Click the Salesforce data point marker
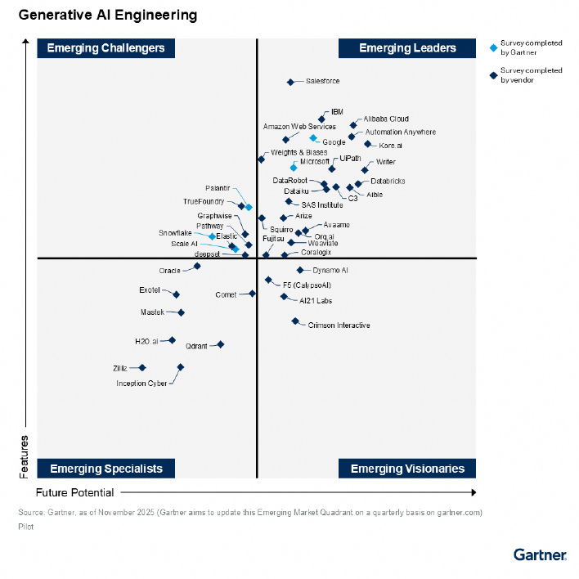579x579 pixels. point(290,82)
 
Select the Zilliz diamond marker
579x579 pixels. point(142,368)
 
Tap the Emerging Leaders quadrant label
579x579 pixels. point(407,48)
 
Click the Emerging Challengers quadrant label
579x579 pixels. point(105,48)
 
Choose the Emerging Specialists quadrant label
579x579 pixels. point(105,469)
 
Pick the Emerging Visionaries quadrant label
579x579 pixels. point(407,469)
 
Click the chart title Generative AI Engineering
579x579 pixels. point(107,15)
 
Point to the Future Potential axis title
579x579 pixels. point(74,493)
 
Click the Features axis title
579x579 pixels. point(25,456)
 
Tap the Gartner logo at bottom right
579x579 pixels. point(540,554)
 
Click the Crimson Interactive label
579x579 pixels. point(339,325)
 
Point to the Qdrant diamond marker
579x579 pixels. point(220,345)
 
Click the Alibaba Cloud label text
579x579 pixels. point(386,119)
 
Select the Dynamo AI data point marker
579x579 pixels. point(300,270)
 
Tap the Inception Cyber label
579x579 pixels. point(141,384)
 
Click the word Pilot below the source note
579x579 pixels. point(25,527)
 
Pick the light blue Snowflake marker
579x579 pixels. point(213,236)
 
